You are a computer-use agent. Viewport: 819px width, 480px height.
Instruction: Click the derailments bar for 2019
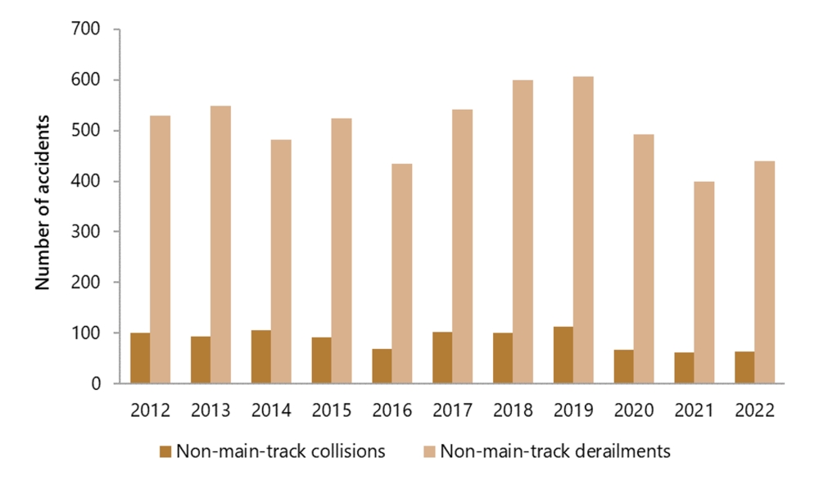pos(583,230)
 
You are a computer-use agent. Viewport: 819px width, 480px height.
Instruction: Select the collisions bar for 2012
pos(140,358)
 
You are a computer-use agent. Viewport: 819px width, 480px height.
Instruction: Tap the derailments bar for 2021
pos(704,282)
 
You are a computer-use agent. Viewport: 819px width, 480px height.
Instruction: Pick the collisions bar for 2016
pos(382,366)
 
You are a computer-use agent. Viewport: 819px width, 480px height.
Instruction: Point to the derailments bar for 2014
pos(281,261)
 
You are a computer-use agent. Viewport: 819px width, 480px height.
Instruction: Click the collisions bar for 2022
pos(744,367)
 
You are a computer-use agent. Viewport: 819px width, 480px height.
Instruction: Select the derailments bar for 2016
pos(402,274)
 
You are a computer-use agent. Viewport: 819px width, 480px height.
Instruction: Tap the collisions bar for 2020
pos(623,366)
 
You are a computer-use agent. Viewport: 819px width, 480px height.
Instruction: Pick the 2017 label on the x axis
pos(452,409)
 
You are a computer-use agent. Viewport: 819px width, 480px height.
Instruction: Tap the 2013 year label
pos(210,409)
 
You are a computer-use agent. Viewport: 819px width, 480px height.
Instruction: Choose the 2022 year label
pos(754,409)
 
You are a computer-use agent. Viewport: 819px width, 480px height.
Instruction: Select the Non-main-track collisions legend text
pos(281,451)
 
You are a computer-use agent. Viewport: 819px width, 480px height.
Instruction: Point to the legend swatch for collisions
pos(165,451)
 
